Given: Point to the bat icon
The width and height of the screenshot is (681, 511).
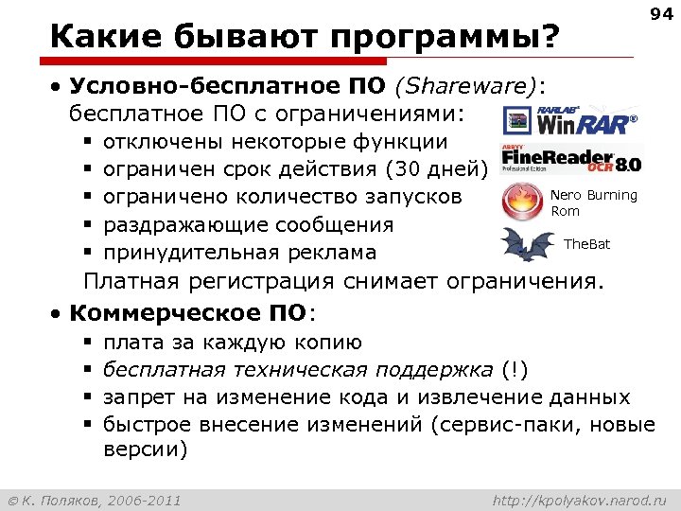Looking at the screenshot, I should pos(528,245).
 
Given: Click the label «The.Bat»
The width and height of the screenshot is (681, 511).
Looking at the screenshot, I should pos(586,245).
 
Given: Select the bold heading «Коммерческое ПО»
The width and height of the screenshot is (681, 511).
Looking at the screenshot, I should pos(188,313).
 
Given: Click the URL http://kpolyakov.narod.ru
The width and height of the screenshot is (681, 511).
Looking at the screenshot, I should pos(580,499).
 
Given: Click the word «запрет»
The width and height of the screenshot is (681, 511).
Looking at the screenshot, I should pos(138,396).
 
